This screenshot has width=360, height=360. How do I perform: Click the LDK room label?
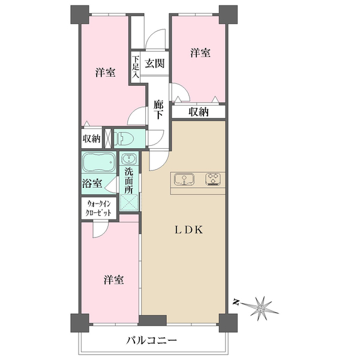coord(191,230)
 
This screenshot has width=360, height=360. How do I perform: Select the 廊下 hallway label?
coord(158,110)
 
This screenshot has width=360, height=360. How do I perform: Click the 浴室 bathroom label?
coord(92,183)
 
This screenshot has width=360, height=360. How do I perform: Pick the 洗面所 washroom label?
coord(129,181)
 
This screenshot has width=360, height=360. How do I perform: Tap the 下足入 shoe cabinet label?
coord(136,68)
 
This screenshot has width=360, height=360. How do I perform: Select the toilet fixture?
coord(124,138)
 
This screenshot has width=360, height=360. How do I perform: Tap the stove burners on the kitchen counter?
coord(213,179)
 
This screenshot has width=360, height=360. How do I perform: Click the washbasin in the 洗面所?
coord(128,160)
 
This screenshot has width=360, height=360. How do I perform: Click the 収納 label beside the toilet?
coord(91,139)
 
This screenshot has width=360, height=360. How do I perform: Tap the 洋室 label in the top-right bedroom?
coord(200,53)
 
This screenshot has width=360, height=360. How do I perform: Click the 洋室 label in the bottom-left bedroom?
coord(113,280)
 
